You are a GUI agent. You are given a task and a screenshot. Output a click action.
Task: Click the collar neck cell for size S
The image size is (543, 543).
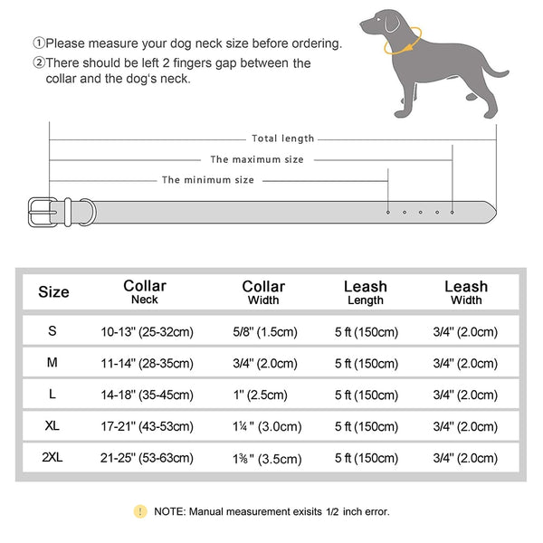click(x=146, y=331)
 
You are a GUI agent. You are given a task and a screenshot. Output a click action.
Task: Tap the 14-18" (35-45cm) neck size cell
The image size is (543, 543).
click(x=146, y=395)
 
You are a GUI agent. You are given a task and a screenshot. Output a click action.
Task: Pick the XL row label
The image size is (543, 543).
click(x=53, y=426)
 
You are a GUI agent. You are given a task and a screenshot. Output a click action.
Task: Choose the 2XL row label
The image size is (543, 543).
click(x=53, y=458)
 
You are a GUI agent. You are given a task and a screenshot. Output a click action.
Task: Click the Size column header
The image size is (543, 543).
click(x=53, y=292)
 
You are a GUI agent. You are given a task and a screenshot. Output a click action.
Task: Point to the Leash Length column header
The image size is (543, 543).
click(x=365, y=292)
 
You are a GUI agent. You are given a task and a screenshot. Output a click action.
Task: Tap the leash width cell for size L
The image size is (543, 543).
click(x=465, y=395)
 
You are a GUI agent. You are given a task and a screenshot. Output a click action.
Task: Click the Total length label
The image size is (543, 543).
click(x=282, y=138)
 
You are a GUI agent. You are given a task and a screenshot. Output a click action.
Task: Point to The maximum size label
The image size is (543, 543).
click(x=257, y=159)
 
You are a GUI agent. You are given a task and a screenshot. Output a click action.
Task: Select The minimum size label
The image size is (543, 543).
click(x=208, y=180)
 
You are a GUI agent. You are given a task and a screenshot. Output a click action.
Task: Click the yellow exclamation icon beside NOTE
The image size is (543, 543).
click(x=139, y=511)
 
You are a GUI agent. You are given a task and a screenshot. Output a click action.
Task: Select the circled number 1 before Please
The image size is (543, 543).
click(x=39, y=43)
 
